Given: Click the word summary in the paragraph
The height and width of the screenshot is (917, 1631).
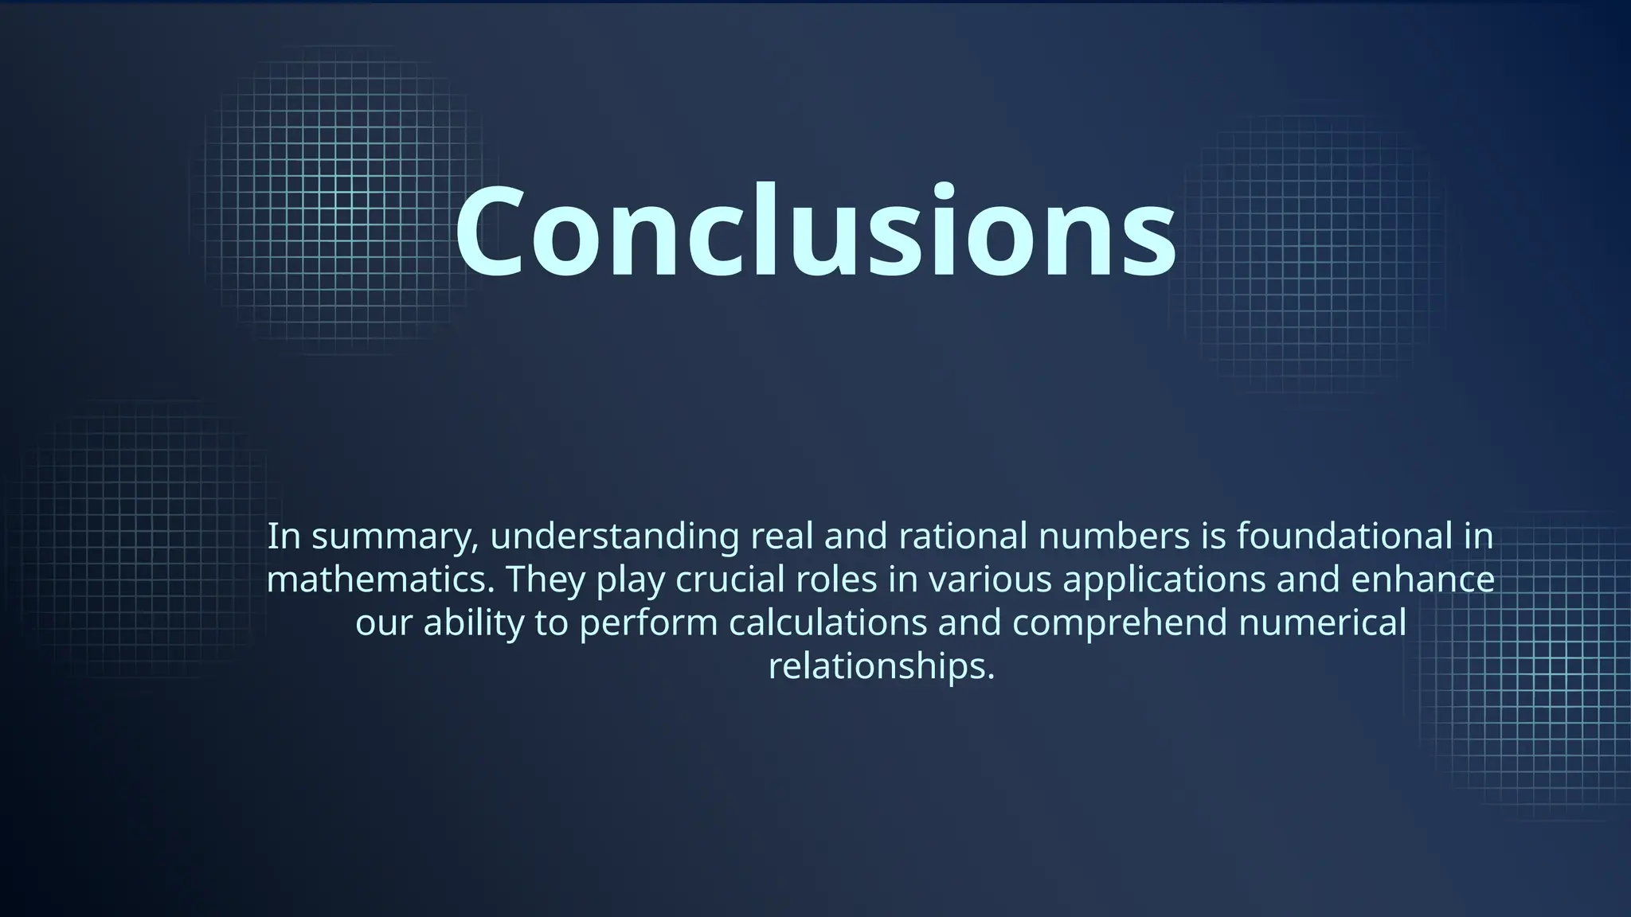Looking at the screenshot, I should tap(395, 537).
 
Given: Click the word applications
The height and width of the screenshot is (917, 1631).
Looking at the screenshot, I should tap(1164, 581).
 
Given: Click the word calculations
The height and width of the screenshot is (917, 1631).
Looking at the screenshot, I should tap(827, 622).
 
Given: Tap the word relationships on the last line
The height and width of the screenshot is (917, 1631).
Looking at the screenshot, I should tap(882, 666).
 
